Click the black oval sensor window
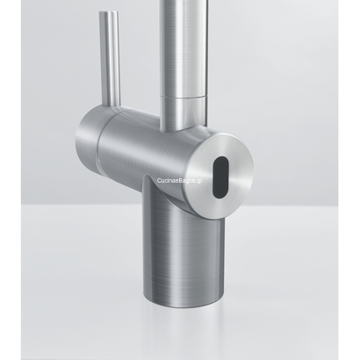221,166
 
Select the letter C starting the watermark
158,179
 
